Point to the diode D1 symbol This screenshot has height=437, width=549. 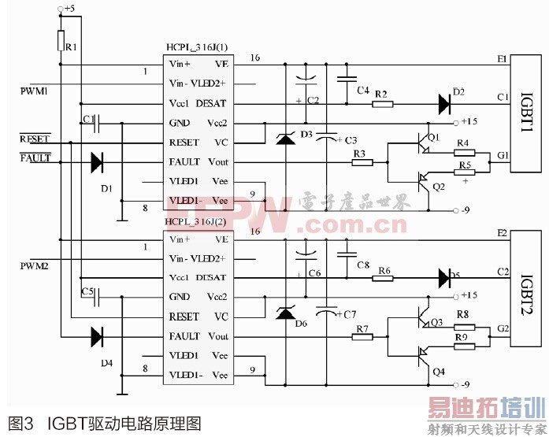pyautogui.click(x=97, y=162)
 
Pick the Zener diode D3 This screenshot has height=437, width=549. pyautogui.click(x=284, y=140)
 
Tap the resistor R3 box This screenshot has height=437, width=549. pyautogui.click(x=363, y=162)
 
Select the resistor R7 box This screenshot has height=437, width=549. pyautogui.click(x=363, y=336)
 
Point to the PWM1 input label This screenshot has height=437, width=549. pyautogui.click(x=35, y=92)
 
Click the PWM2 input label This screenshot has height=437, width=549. pyautogui.click(x=35, y=267)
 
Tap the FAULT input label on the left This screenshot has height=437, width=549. pyautogui.click(x=35, y=157)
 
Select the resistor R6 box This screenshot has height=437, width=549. pyautogui.click(x=383, y=278)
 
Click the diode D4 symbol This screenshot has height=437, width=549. pyautogui.click(x=97, y=337)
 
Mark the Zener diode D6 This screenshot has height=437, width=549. pyautogui.click(x=284, y=313)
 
